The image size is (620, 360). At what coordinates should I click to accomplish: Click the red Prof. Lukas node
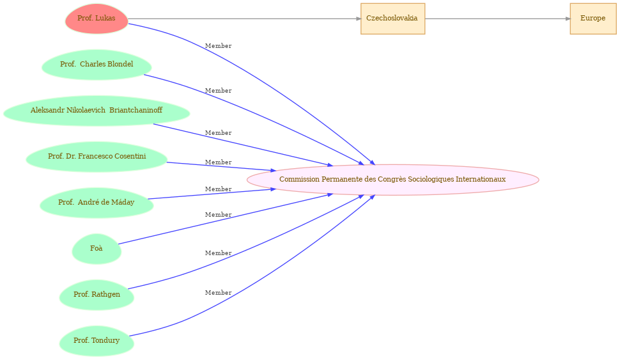click(x=97, y=19)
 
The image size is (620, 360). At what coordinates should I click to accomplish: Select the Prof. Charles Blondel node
click(x=97, y=65)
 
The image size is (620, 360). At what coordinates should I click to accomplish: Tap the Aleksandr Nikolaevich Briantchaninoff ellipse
click(x=97, y=111)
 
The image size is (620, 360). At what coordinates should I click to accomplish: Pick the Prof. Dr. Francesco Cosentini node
click(x=97, y=157)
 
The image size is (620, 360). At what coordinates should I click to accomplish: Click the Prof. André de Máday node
click(x=97, y=203)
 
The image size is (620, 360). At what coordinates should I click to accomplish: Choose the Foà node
click(x=97, y=249)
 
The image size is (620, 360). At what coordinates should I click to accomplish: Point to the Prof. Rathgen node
click(x=97, y=295)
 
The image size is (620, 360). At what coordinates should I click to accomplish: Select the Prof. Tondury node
click(x=97, y=341)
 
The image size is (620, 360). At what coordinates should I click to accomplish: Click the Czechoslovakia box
click(x=392, y=19)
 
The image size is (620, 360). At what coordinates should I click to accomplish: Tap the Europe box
click(x=593, y=19)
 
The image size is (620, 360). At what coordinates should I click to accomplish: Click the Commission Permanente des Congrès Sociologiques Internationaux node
click(x=392, y=180)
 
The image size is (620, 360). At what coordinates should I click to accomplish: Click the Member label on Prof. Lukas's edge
click(x=218, y=46)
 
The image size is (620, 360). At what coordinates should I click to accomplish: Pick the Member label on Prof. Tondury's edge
click(x=218, y=293)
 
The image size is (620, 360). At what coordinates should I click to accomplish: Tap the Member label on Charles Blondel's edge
click(x=218, y=91)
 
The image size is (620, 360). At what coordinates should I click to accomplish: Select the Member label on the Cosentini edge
click(x=218, y=162)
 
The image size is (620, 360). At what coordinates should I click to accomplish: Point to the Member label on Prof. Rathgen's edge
click(x=218, y=253)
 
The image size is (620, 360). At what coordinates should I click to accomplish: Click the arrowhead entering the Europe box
click(x=568, y=19)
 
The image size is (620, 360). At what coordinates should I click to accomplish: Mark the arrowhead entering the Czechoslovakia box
click(x=358, y=19)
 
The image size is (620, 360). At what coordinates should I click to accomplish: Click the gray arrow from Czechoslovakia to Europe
click(x=497, y=19)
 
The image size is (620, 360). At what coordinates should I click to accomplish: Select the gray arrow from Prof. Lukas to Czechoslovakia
click(x=244, y=19)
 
